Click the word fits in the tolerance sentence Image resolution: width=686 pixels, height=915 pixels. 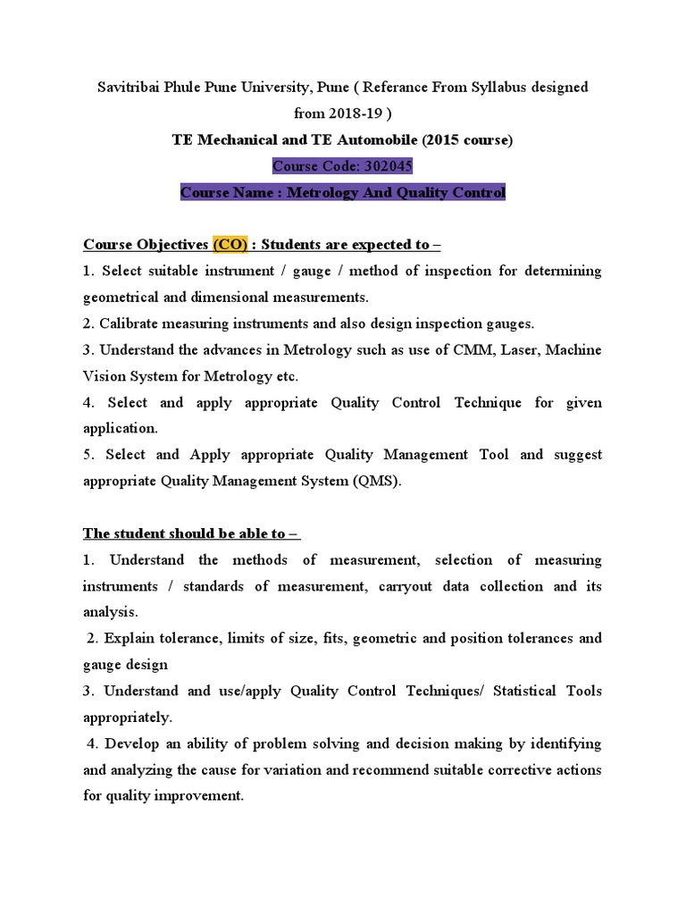point(364,638)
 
